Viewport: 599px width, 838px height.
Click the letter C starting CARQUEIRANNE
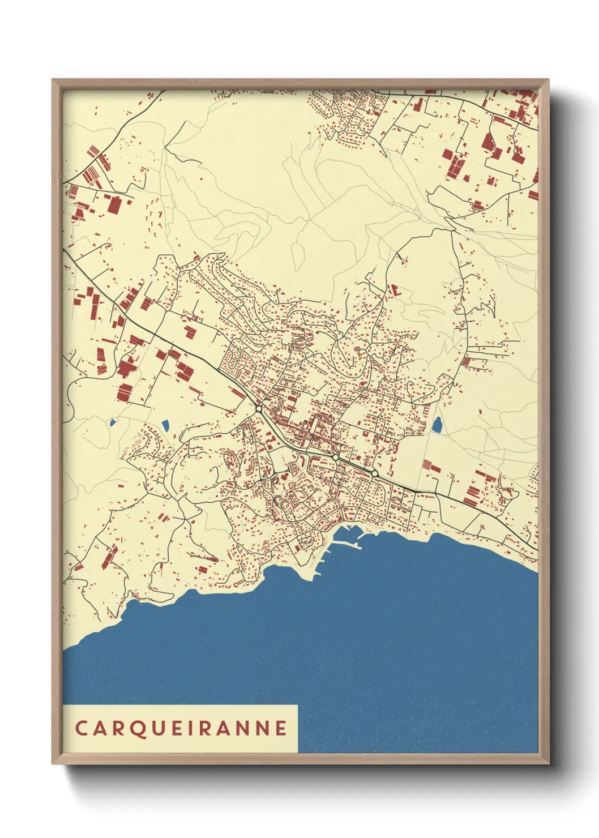pos(81,728)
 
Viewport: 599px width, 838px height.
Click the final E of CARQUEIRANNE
pos(281,728)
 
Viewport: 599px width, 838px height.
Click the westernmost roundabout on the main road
pos(259,408)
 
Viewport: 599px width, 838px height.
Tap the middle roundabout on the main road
pos(335,457)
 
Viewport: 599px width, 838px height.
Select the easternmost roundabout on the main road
pos(374,473)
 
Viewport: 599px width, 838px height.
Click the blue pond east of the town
pos(437,425)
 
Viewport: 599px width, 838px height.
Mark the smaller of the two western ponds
pos(113,422)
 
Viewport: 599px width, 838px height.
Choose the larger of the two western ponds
pos(166,425)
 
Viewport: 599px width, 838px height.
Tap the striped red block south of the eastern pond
pos(433,466)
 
